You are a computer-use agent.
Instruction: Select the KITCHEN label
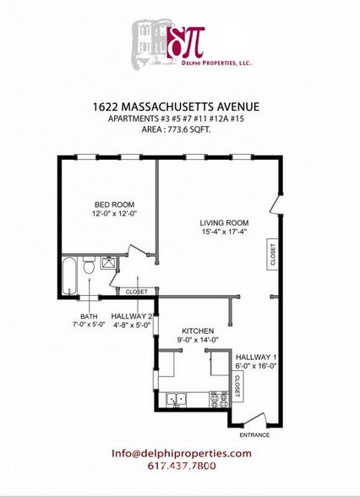point(197,330)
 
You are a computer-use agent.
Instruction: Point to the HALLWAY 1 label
point(254,358)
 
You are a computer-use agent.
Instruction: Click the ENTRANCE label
point(254,434)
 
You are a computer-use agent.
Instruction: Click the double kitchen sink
point(178,397)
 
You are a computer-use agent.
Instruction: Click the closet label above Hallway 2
point(136,292)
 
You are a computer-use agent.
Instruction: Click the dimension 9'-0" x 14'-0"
point(197,341)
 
